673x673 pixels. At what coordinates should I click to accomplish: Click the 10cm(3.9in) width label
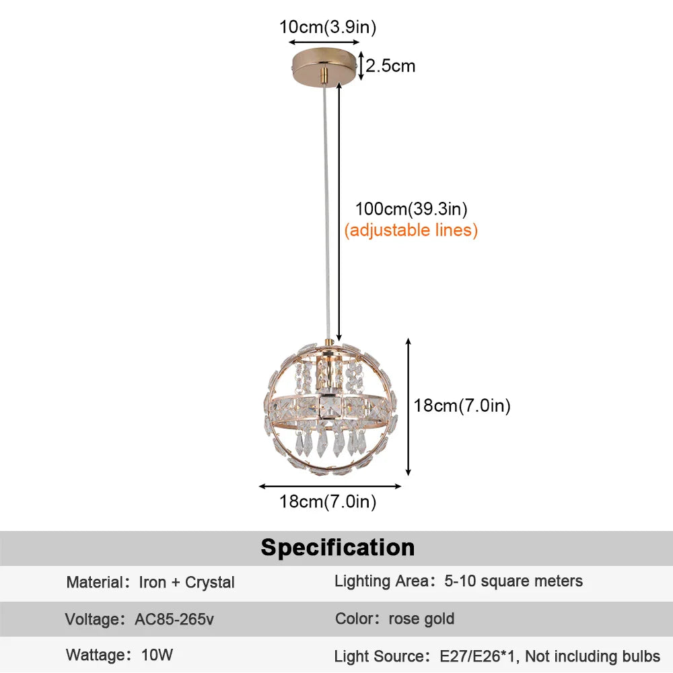(x=328, y=28)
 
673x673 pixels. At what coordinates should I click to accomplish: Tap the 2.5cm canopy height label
(x=390, y=66)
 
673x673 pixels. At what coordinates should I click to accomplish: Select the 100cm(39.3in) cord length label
(x=411, y=209)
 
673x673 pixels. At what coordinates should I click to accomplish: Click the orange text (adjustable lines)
(x=411, y=230)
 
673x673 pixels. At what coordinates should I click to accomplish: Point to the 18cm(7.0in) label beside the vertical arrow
(x=462, y=406)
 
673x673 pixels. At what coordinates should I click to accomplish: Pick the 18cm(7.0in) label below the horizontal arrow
(x=328, y=501)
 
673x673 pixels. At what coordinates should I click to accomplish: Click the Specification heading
(x=338, y=547)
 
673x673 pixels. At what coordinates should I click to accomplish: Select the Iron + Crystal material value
(x=186, y=582)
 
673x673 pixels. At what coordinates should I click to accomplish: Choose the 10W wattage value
(x=156, y=655)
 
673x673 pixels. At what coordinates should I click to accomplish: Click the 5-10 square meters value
(x=513, y=581)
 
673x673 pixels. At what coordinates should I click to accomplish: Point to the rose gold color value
(x=421, y=618)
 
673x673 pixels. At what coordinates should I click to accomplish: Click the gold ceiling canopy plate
(x=324, y=63)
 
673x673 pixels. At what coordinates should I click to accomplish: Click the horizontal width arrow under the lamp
(x=330, y=485)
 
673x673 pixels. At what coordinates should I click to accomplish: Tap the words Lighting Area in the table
(x=381, y=581)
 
